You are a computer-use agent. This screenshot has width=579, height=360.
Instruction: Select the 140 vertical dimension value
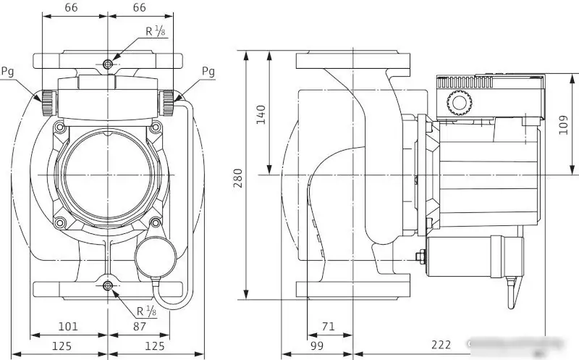(x=261, y=114)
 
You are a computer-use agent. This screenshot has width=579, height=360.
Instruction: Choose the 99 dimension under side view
(x=317, y=345)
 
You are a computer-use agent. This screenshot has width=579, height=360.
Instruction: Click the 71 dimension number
(x=328, y=327)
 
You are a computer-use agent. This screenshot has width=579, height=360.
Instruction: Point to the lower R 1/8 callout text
(x=146, y=311)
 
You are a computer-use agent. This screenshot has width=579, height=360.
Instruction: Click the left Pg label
(x=8, y=71)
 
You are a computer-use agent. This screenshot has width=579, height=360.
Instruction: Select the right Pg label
(x=208, y=71)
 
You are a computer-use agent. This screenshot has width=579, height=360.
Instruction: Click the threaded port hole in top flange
(x=108, y=64)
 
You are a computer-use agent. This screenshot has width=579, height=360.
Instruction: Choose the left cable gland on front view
(x=48, y=103)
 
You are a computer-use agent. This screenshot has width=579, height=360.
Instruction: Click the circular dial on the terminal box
(x=457, y=103)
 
